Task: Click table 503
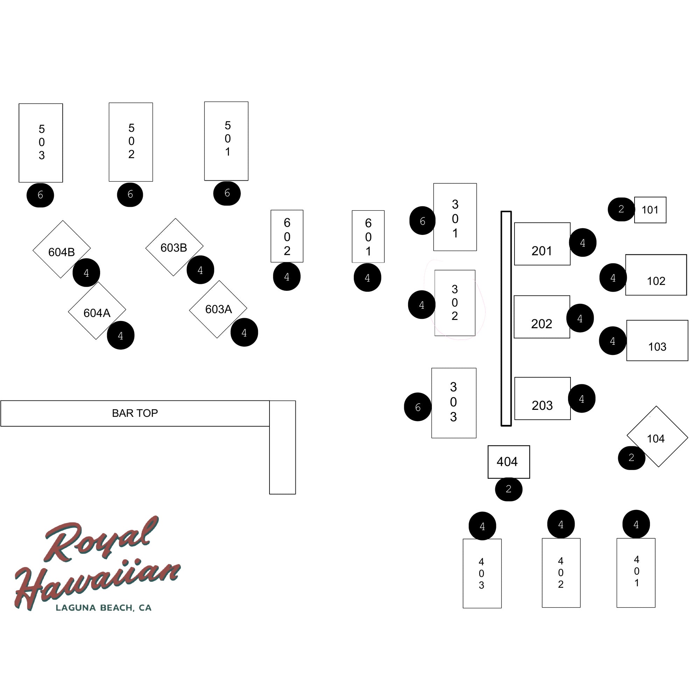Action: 41,143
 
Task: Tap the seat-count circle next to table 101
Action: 621,209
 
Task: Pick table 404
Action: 509,462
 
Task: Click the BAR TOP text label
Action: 135,413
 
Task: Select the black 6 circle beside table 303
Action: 418,407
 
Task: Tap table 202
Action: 542,317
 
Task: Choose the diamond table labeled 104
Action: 657,437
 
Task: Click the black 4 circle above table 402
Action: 561,524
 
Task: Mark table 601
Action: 368,237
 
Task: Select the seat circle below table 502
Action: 130,195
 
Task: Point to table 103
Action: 657,341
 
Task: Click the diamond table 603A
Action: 218,309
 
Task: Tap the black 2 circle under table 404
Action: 509,489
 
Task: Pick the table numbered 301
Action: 455,217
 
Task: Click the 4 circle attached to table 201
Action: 583,243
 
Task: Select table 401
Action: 636,573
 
